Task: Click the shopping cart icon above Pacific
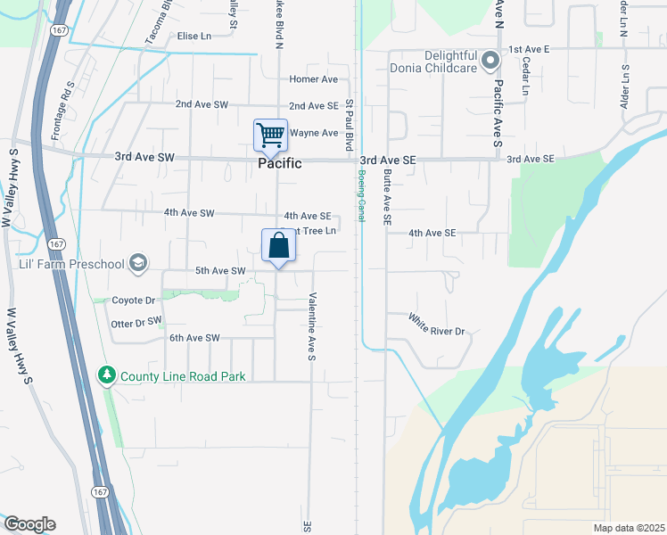click(270, 136)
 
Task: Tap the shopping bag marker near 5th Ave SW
click(278, 246)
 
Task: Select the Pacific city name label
click(280, 164)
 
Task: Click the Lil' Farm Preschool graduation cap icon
click(137, 262)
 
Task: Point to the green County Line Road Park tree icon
click(107, 375)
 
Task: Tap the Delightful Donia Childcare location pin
click(490, 62)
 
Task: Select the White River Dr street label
click(437, 325)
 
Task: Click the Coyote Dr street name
click(134, 300)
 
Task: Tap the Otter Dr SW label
click(136, 320)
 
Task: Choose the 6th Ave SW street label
click(194, 338)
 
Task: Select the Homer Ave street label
click(314, 79)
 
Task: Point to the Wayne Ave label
click(317, 134)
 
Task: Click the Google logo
click(29, 524)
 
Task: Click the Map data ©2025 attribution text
click(628, 528)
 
